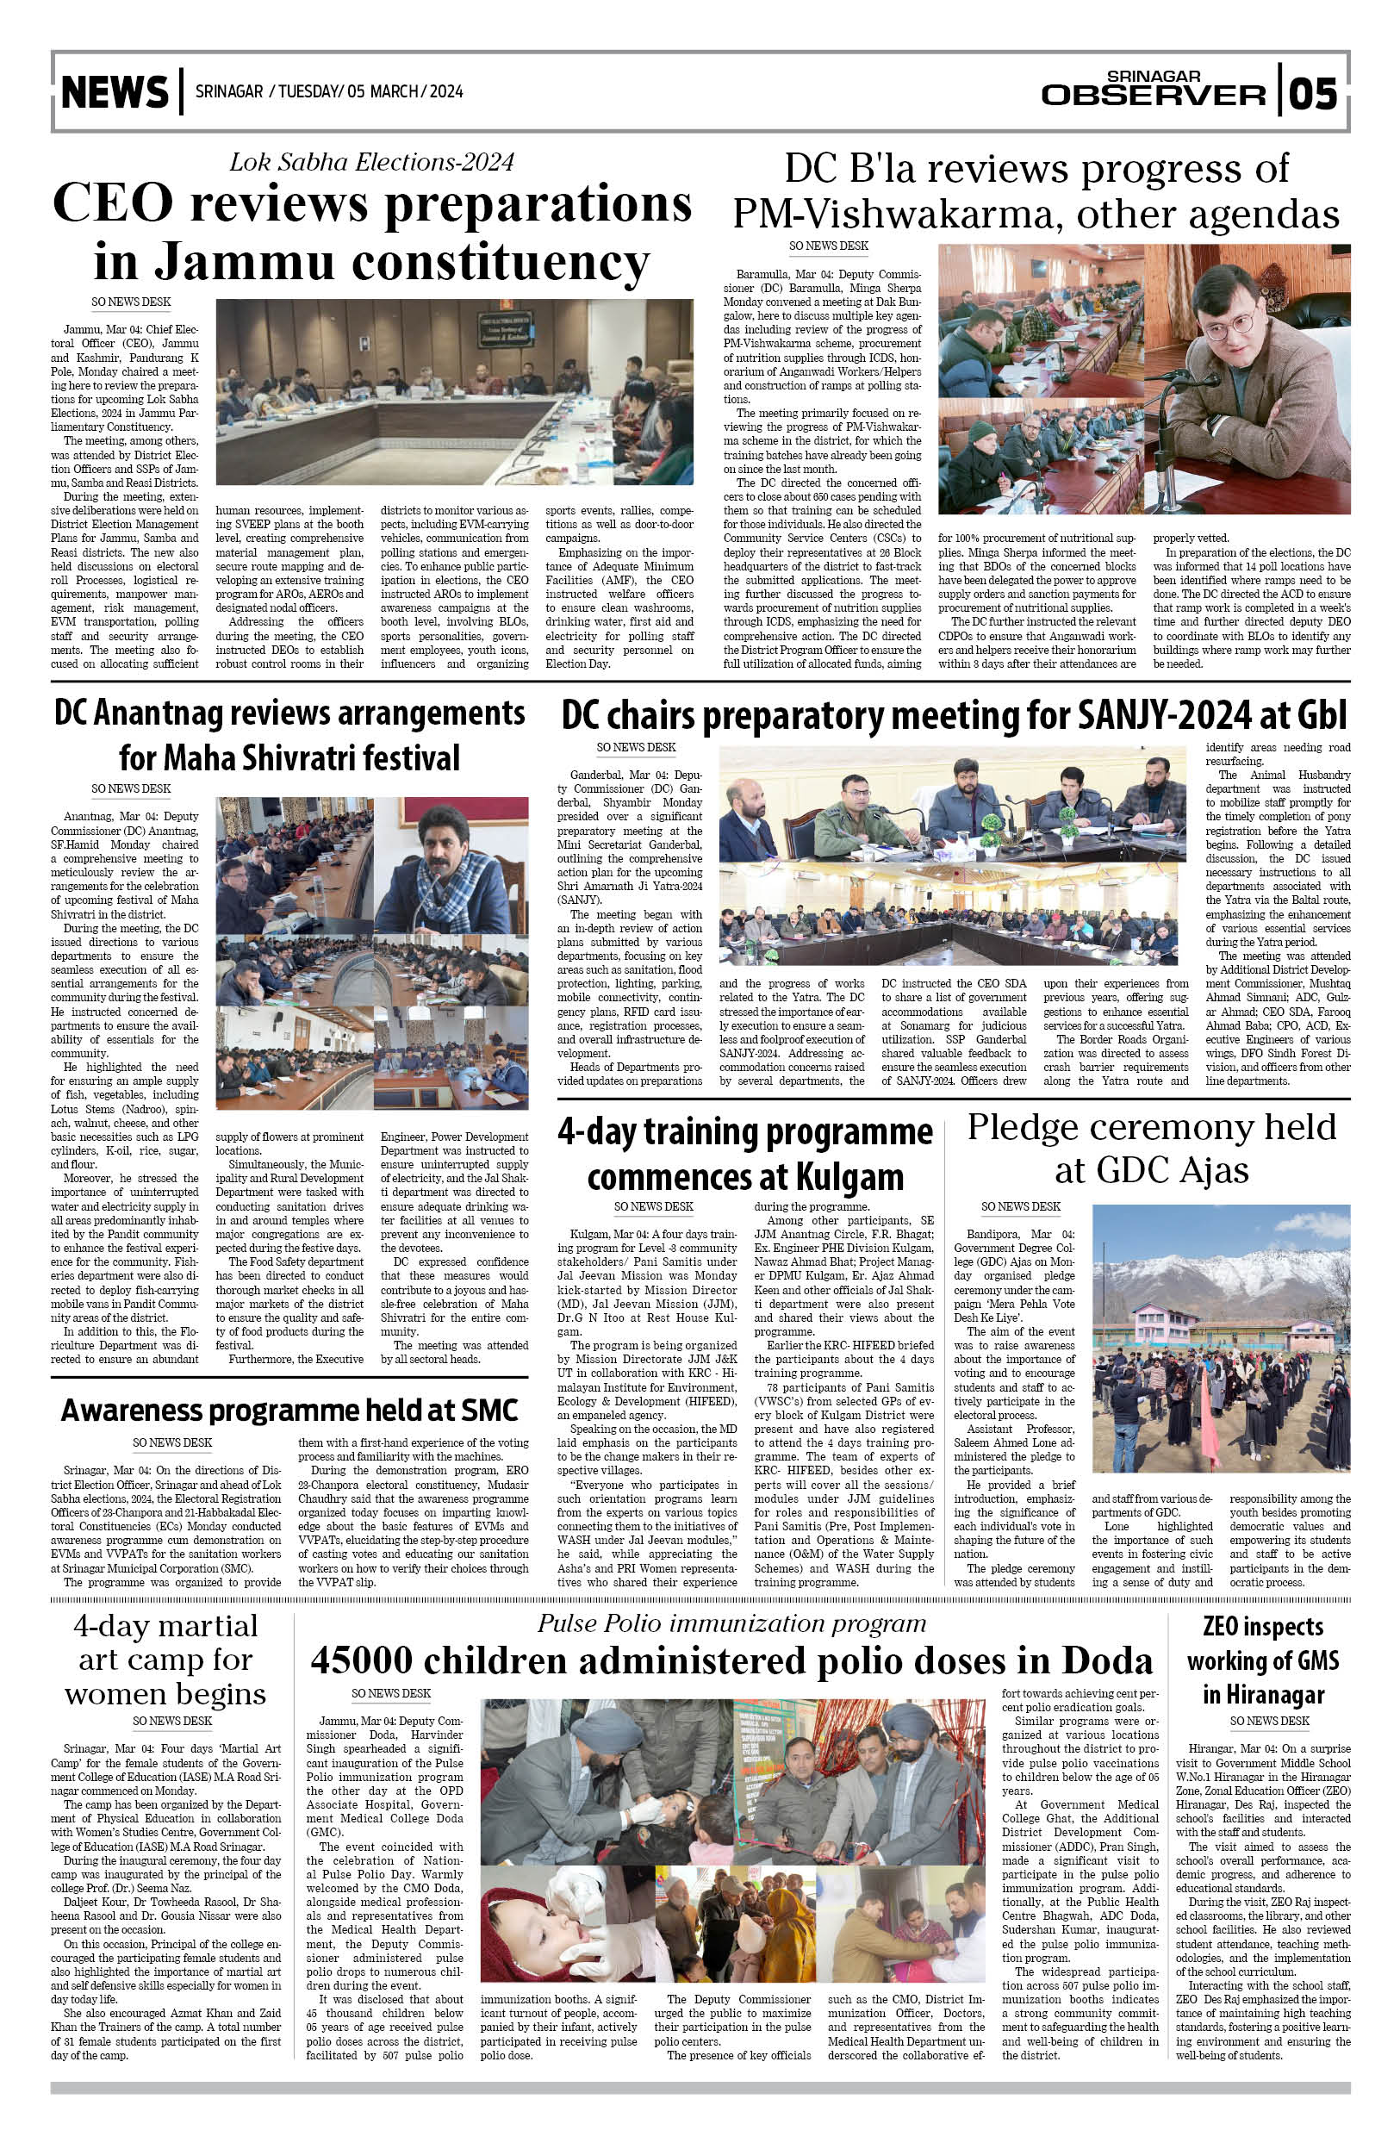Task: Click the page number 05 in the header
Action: [x=1313, y=93]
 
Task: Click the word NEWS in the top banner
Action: [x=115, y=92]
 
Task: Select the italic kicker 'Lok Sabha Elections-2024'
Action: [x=371, y=162]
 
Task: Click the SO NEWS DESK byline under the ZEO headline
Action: [x=1269, y=1721]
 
